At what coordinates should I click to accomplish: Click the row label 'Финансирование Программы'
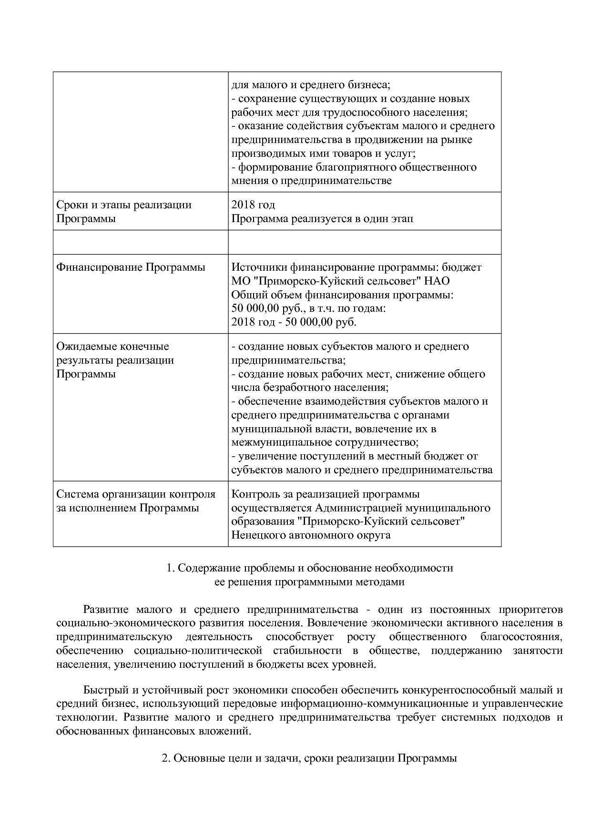click(x=131, y=267)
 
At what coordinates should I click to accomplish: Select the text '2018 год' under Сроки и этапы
click(x=253, y=205)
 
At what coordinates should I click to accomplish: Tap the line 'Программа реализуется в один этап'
click(x=322, y=219)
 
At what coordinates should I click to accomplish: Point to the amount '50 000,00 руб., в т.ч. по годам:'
click(x=308, y=308)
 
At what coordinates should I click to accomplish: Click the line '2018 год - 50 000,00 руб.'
click(x=294, y=322)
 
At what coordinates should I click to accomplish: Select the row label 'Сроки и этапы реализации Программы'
click(x=123, y=212)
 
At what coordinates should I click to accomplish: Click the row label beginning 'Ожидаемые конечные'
click(x=112, y=347)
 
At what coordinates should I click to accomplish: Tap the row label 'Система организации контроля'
click(x=136, y=494)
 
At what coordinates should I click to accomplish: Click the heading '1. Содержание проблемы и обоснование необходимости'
click(x=310, y=568)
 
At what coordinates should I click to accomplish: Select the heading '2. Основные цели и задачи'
click(x=309, y=758)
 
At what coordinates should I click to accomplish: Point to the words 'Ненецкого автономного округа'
click(x=311, y=535)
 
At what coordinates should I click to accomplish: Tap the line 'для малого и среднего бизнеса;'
click(x=311, y=85)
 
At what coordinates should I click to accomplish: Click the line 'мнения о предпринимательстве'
click(x=311, y=181)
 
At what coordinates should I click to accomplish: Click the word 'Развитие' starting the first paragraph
click(x=106, y=610)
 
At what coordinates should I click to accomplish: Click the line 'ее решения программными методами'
click(x=310, y=582)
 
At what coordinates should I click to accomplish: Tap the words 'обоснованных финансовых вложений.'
click(x=153, y=731)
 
